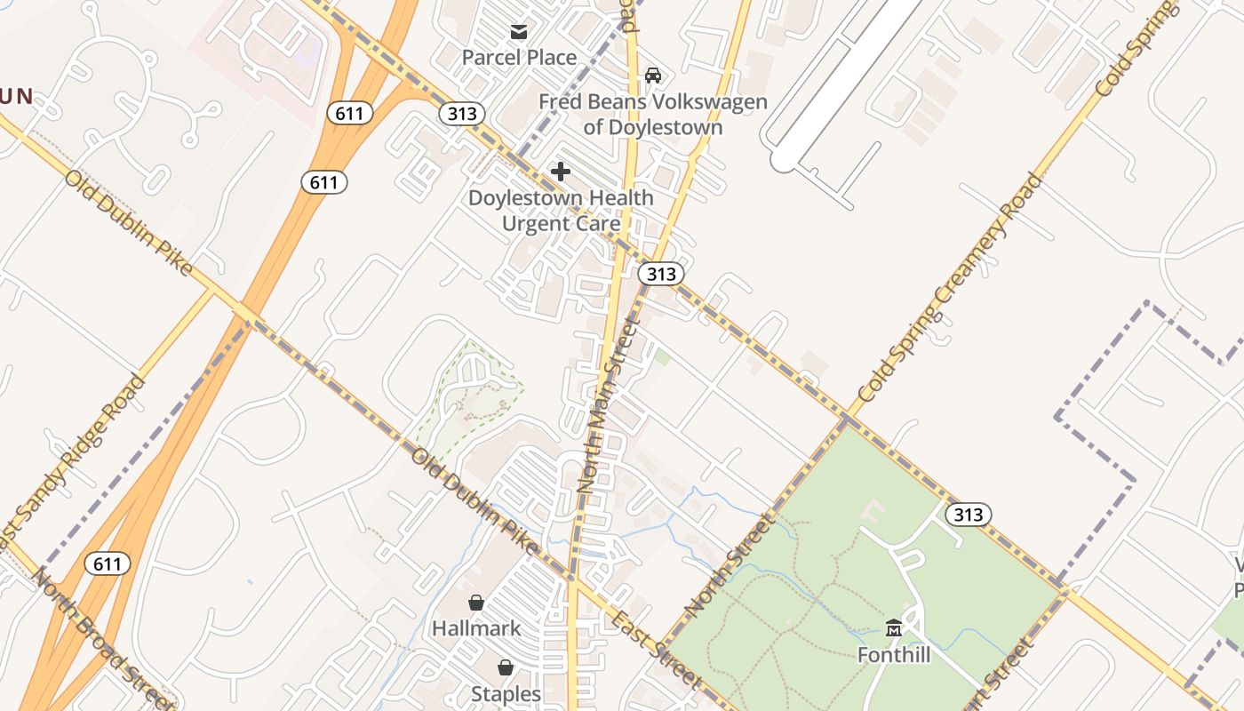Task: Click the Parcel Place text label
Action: [x=519, y=58]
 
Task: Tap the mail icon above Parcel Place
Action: [x=519, y=33]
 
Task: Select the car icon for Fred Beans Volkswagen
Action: [x=653, y=76]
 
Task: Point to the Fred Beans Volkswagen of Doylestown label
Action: [x=653, y=114]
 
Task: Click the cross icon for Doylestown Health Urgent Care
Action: [x=561, y=171]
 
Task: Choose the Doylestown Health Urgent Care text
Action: [x=561, y=211]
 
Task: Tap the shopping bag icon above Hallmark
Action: [x=476, y=603]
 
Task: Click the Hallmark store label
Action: [x=476, y=628]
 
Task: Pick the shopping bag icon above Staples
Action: [x=506, y=667]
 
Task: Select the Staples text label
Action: [x=506, y=693]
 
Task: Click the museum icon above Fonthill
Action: [x=894, y=627]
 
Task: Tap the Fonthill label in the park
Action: [x=894, y=655]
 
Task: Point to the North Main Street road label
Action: [x=609, y=405]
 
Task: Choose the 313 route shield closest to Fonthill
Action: [x=968, y=514]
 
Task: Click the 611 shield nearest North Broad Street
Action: [x=108, y=563]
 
